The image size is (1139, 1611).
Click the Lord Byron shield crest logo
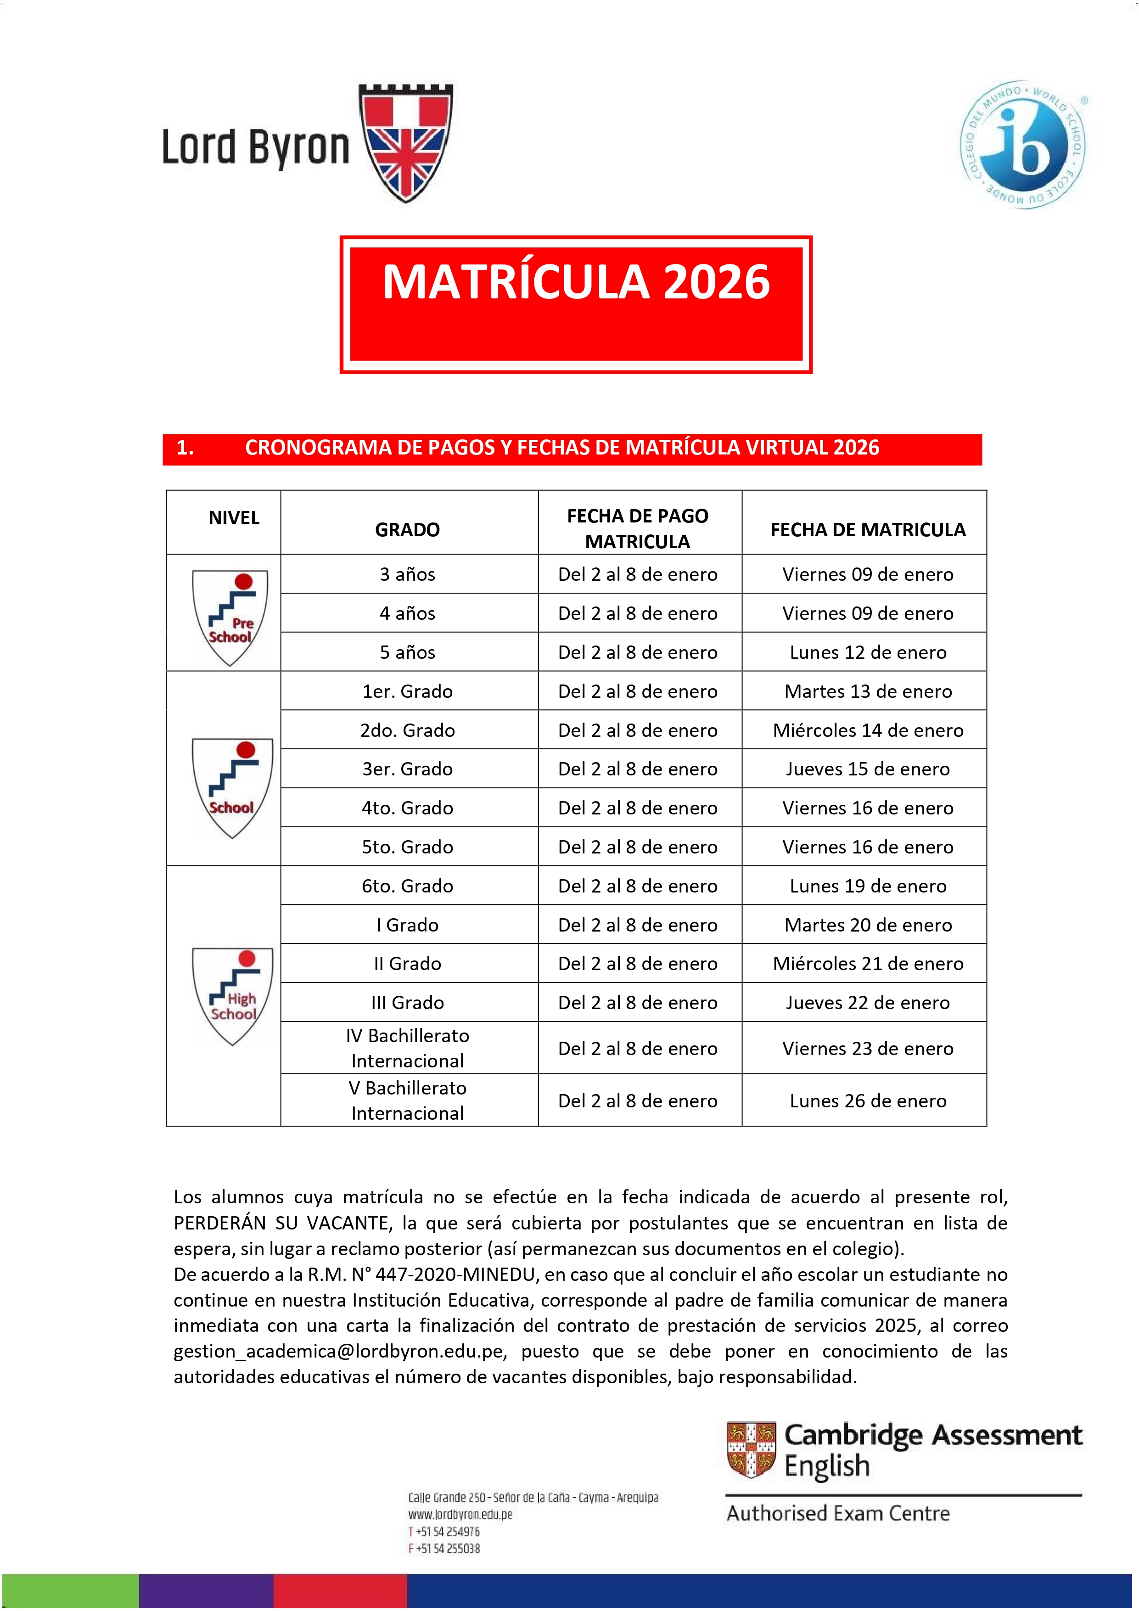406,142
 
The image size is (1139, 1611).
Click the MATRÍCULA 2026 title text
575,282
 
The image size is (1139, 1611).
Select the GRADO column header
407,530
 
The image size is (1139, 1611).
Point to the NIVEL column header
234,518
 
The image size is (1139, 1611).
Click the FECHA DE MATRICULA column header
867,530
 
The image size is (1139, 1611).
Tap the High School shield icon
232,996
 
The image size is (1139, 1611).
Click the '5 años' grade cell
407,652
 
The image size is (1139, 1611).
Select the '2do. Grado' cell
407,730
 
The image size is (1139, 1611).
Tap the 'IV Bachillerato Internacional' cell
407,1048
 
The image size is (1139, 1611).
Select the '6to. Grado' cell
407,886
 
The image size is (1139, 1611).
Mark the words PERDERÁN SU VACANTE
282,1224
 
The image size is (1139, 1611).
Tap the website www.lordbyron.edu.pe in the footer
460,1514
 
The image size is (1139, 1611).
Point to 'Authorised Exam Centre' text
838,1514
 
